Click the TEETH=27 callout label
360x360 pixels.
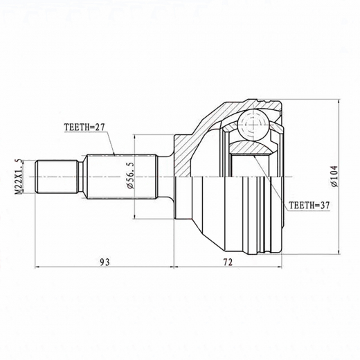[x=84, y=127]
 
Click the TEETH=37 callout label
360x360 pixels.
[x=309, y=205]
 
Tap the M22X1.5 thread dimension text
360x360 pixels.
[x=19, y=177]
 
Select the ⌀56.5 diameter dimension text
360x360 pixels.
[x=130, y=175]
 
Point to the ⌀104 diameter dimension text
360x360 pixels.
[x=334, y=177]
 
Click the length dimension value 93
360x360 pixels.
[x=105, y=262]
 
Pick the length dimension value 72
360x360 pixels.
[x=228, y=262]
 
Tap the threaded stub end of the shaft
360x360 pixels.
[x=57, y=177]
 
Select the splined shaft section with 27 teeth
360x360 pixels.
[x=122, y=177]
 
